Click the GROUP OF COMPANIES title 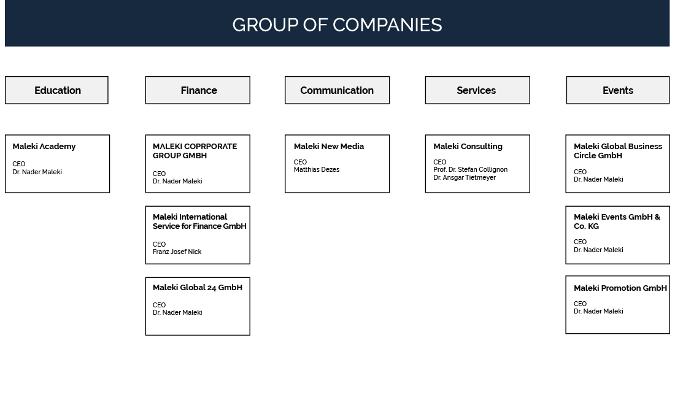point(337,25)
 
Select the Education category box point(56,90)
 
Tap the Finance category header point(198,90)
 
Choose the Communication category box point(337,90)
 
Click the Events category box point(618,90)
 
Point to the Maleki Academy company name point(44,147)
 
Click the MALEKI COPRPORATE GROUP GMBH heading point(195,151)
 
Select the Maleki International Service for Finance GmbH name point(199,221)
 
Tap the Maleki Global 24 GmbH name point(197,287)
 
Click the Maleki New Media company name point(329,147)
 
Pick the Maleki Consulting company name point(468,147)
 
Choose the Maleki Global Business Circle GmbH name point(618,151)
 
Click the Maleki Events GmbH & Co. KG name point(617,221)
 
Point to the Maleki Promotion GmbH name point(620,288)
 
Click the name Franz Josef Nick point(177,252)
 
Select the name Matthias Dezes point(317,170)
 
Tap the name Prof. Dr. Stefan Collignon point(471,170)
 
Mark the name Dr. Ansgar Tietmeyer point(465,177)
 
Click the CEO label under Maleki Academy point(19,164)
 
